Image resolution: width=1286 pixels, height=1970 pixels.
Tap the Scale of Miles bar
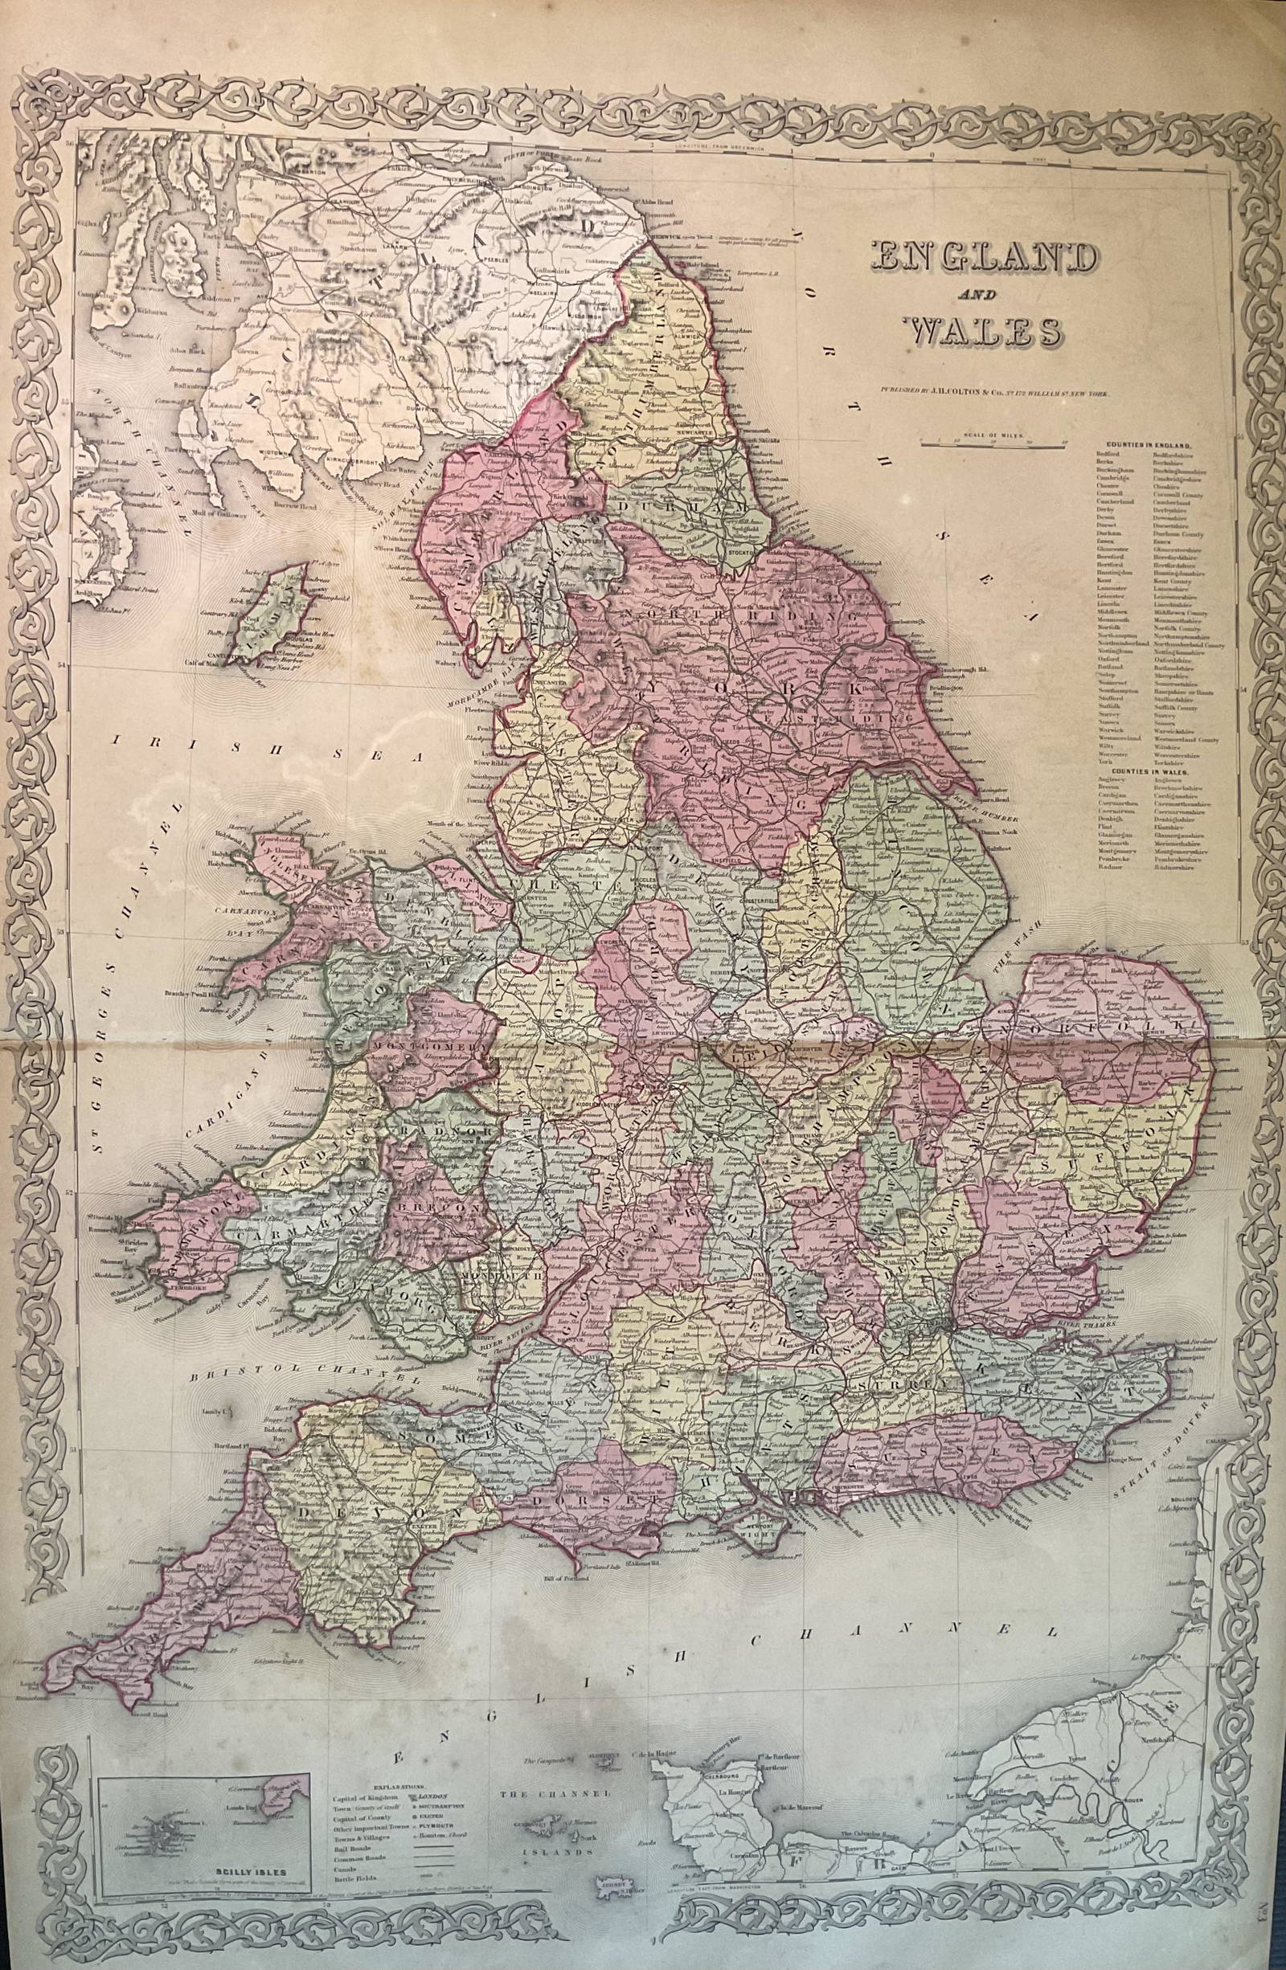click(x=994, y=443)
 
